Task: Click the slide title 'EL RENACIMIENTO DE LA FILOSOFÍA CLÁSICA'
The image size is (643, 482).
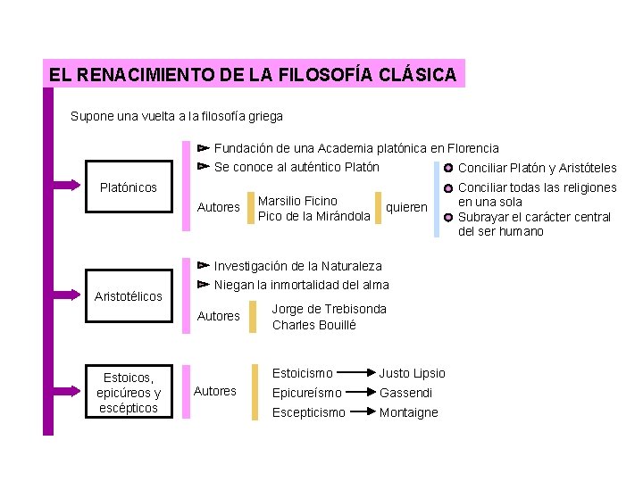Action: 254,75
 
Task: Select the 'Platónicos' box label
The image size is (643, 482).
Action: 129,187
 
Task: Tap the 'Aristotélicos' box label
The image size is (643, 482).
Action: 129,295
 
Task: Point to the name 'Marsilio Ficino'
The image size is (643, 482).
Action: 297,201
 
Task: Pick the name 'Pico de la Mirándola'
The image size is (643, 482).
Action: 313,216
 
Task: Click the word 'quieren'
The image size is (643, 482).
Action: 406,207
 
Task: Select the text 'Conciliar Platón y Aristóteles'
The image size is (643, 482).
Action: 537,168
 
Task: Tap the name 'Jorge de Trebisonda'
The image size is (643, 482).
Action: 330,309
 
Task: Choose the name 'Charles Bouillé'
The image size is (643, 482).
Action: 314,325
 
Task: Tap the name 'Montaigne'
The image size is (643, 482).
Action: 409,412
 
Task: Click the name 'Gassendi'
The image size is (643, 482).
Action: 406,393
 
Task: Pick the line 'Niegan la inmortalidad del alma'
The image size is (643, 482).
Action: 302,285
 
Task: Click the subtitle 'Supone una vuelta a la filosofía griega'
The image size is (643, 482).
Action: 177,116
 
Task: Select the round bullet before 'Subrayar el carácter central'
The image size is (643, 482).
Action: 448,217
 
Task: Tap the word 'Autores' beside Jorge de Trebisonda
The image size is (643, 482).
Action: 219,316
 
